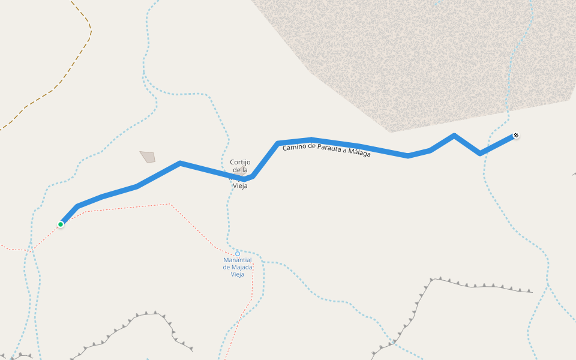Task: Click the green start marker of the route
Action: pos(61,224)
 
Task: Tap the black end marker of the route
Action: pos(515,136)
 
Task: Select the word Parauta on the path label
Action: pos(334,150)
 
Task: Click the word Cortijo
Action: pos(240,162)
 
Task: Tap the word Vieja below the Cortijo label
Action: pos(240,186)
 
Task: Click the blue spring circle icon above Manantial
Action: pos(238,254)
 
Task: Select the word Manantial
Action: pos(238,260)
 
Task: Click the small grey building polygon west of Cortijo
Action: pos(148,157)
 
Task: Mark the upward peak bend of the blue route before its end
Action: pos(454,136)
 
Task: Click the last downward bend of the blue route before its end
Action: pos(479,154)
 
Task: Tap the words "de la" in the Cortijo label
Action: pos(240,170)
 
